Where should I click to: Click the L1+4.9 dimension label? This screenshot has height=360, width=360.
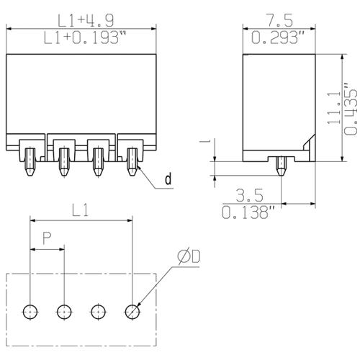86,21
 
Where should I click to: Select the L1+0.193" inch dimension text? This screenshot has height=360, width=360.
85,38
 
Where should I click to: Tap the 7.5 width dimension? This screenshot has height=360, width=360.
280,21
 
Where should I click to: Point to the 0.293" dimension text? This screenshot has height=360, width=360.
278,38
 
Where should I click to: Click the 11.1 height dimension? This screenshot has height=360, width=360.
334,107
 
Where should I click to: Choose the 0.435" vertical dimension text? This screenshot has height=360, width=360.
351,109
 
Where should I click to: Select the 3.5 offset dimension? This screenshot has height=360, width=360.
250,195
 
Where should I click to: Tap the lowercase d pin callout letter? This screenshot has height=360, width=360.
168,179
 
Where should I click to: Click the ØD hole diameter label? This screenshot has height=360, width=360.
189,256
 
